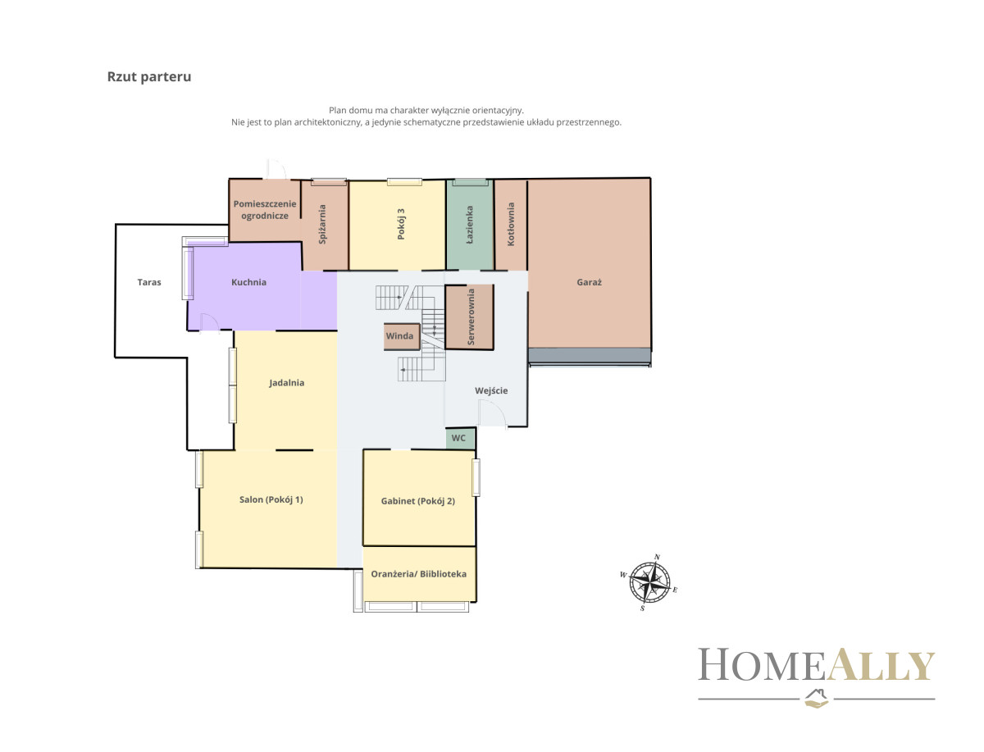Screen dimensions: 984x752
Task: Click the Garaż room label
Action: pyautogui.click(x=589, y=282)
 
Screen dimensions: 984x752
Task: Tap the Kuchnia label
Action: pyautogui.click(x=248, y=282)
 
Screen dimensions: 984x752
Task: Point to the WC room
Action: pyautogui.click(x=460, y=438)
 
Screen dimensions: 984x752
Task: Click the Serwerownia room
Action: pyautogui.click(x=469, y=317)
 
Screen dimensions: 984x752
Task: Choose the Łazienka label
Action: pyautogui.click(x=469, y=225)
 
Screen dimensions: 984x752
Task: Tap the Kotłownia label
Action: pyautogui.click(x=511, y=224)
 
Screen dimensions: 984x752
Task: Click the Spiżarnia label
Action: pyautogui.click(x=322, y=224)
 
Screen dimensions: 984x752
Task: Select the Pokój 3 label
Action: pyautogui.click(x=401, y=224)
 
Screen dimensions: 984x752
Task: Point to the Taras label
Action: pyautogui.click(x=149, y=282)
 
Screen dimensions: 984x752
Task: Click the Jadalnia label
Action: pyautogui.click(x=286, y=383)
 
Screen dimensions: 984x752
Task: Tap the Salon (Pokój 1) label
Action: pyautogui.click(x=271, y=499)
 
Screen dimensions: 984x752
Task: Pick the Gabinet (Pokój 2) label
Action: pyautogui.click(x=418, y=501)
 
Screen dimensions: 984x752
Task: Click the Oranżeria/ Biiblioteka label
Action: pyautogui.click(x=418, y=574)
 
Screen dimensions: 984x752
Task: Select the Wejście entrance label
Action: pyautogui.click(x=491, y=391)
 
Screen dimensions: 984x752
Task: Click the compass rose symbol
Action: pyautogui.click(x=649, y=582)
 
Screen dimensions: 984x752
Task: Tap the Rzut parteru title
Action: pyautogui.click(x=149, y=76)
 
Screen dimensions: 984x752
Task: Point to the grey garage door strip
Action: pyautogui.click(x=590, y=355)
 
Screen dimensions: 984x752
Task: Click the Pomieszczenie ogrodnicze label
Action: pyautogui.click(x=265, y=210)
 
